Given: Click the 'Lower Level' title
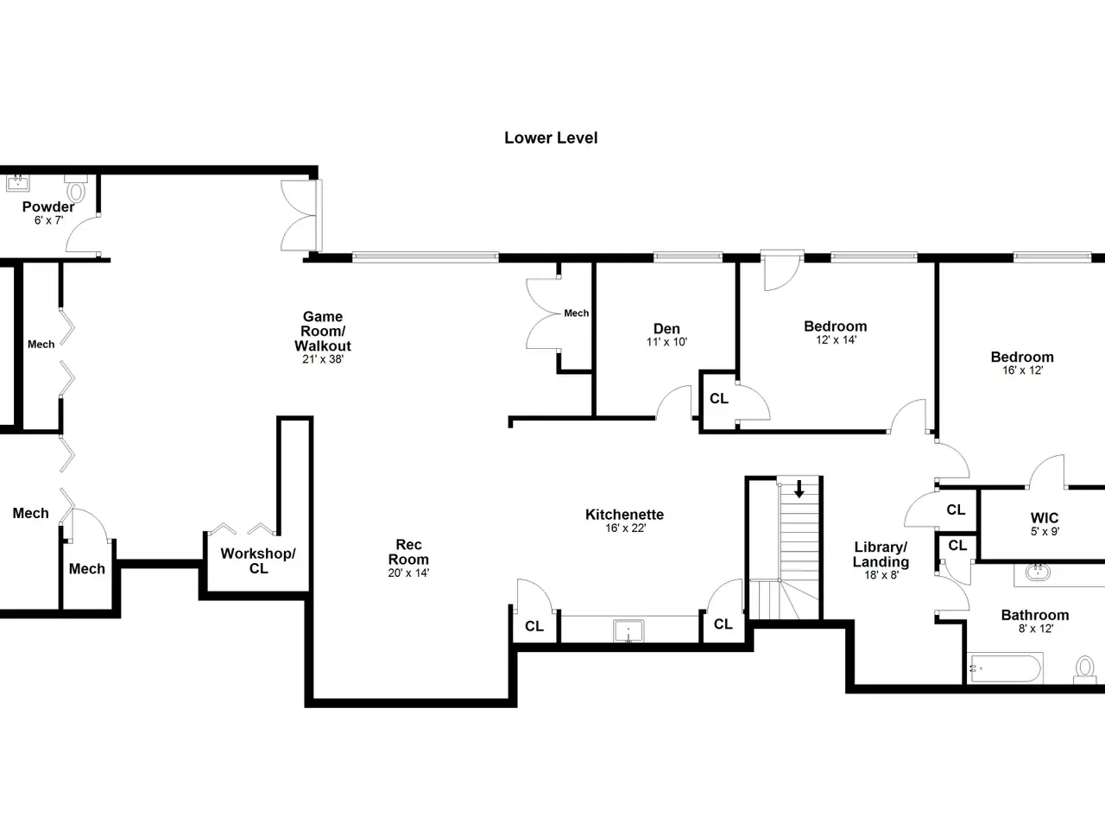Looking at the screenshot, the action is tap(551, 138).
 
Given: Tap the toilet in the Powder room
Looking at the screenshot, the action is tap(76, 187).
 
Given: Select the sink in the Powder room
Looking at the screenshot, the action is tap(17, 183).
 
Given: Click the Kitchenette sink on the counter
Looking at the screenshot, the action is tap(628, 630).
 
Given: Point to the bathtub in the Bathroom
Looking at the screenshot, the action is tap(1005, 668).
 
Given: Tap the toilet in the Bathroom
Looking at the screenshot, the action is tap(1085, 669).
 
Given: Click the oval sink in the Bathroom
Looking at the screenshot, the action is tap(1038, 573).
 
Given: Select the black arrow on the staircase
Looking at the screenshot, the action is tap(799, 490).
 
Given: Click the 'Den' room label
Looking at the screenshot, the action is tap(666, 329).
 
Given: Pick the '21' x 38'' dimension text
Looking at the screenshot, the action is tap(323, 359).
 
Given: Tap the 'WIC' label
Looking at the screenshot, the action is tap(1045, 517).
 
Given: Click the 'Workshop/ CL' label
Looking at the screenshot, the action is tap(258, 560).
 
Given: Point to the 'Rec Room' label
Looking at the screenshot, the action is tap(408, 552).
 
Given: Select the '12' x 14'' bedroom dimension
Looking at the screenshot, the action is tap(836, 339).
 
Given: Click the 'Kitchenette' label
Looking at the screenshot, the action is tap(624, 515).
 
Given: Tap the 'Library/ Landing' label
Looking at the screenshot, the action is tap(881, 554).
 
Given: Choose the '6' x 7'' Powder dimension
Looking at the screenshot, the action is tap(49, 220).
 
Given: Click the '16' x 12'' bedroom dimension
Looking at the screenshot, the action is tap(1022, 370).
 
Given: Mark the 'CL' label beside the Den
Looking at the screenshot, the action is tap(719, 399).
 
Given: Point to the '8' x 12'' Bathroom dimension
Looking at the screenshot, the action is tap(1036, 629).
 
